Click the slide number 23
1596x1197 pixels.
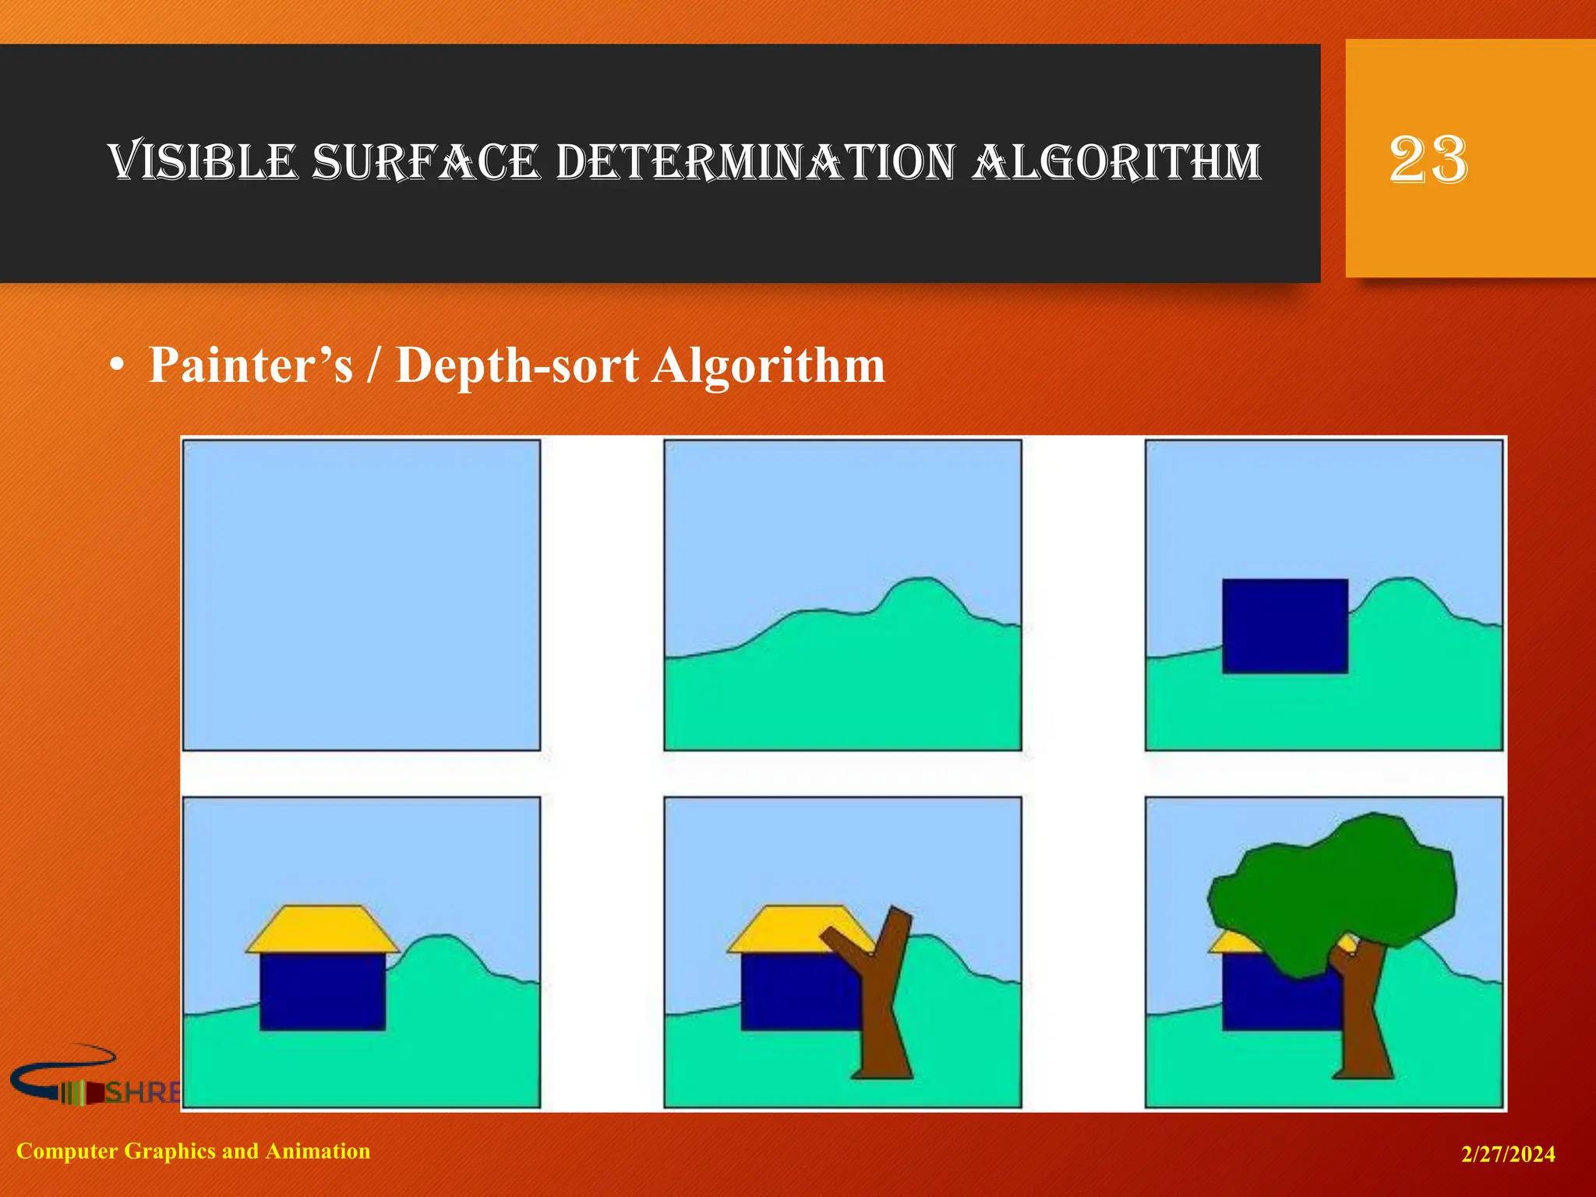coord(1428,160)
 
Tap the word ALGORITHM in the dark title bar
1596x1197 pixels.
coord(1117,162)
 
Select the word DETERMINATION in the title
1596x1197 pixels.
coord(755,162)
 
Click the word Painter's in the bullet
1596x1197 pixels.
coord(250,365)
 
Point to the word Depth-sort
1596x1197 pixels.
coord(517,365)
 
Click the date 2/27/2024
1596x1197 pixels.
coord(1508,1154)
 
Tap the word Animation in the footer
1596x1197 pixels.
coord(318,1151)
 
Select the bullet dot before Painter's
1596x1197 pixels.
coord(117,366)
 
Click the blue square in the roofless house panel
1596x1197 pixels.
coord(1284,626)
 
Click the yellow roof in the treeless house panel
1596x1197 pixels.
coord(322,929)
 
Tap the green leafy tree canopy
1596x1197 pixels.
coord(1333,888)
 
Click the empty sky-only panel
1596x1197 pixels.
coord(361,595)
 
